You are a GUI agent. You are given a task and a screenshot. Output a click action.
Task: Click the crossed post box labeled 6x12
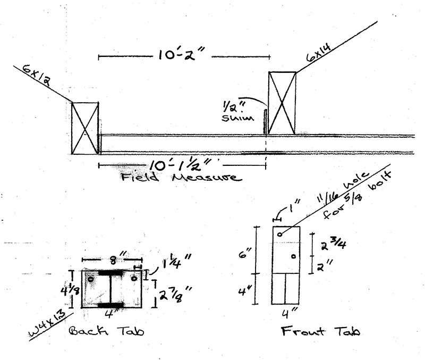point(85,128)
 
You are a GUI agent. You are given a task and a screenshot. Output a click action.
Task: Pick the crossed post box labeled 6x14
point(282,103)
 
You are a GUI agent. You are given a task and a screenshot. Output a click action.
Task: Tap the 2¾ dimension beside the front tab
point(331,245)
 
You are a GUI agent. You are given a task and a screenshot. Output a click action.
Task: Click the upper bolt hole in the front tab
point(279,234)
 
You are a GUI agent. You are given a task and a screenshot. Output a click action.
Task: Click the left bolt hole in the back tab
point(91,278)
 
